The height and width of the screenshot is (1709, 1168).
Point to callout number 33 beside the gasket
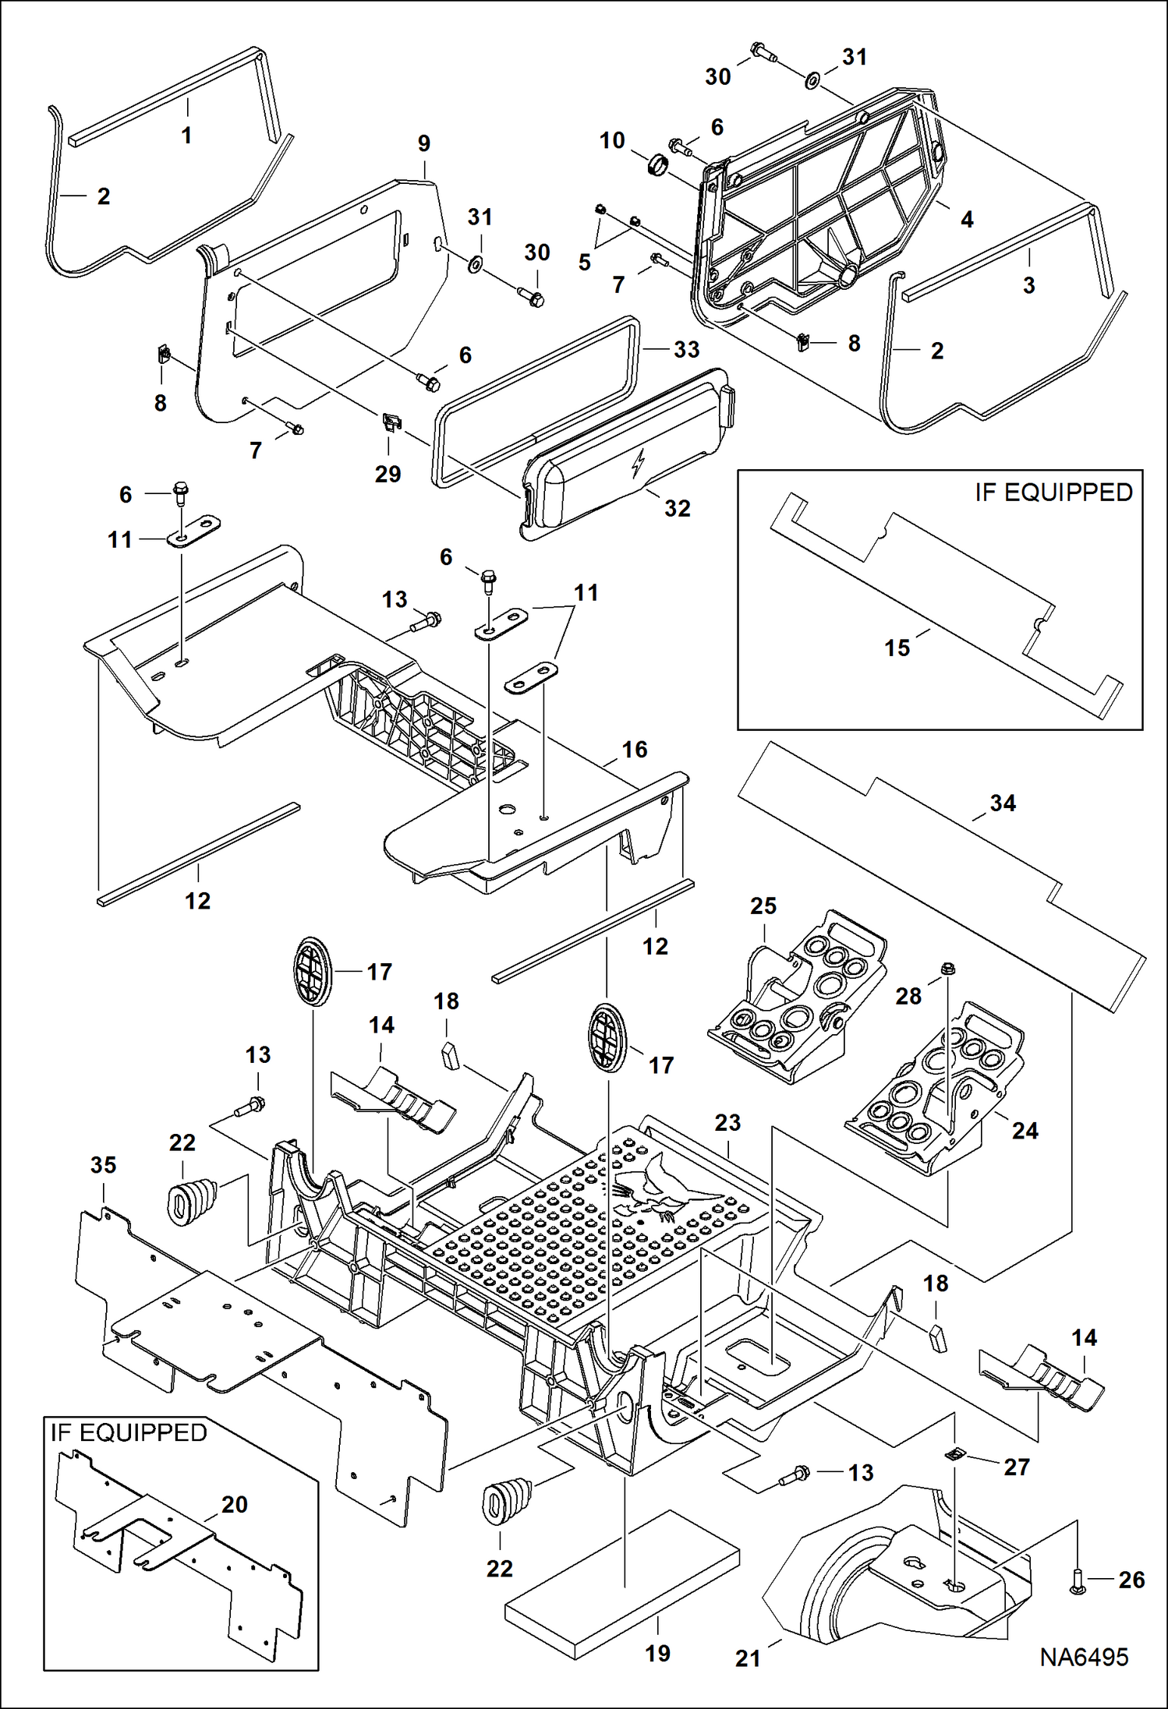point(686,349)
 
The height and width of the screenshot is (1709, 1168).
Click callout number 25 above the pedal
point(763,906)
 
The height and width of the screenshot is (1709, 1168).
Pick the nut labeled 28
point(949,969)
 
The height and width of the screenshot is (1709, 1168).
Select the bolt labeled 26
point(1077,1580)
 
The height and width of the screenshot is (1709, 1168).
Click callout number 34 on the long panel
point(1002,803)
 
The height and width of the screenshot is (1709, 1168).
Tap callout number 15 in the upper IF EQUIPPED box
point(897,648)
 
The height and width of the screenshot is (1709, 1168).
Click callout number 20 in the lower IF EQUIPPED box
point(234,1504)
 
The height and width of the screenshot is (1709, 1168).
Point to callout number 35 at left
point(103,1165)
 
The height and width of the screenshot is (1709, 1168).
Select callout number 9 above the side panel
point(423,143)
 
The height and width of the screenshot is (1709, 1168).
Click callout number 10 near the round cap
point(612,140)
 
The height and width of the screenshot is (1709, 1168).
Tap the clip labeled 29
point(392,423)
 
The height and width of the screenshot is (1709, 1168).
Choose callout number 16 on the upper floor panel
point(634,750)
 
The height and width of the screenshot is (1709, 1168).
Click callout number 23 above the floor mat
point(727,1122)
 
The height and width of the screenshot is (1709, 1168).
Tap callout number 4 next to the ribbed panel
point(967,219)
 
